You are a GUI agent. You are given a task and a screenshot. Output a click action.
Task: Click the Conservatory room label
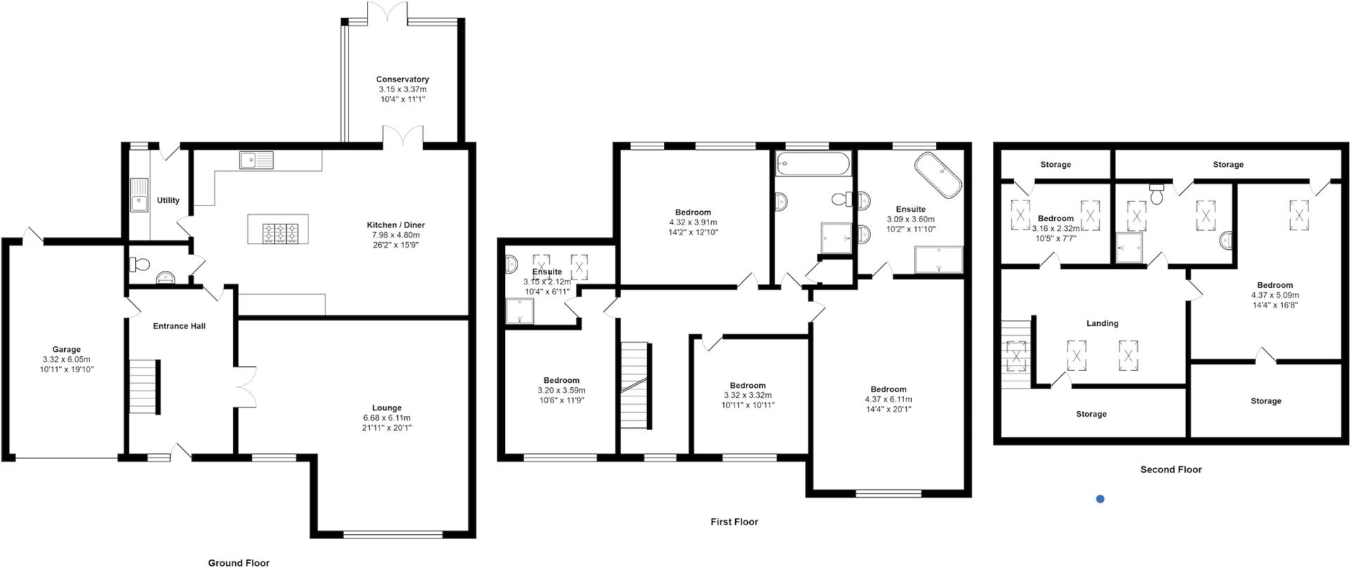[402, 80]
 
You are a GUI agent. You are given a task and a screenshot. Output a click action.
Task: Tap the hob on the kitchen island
[278, 233]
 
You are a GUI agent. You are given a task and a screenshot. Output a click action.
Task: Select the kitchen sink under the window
[256, 160]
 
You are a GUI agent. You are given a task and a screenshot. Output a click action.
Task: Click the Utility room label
[168, 201]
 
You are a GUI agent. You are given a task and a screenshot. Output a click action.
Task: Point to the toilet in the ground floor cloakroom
[139, 265]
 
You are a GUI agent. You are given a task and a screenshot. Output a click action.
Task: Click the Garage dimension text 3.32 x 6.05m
[66, 359]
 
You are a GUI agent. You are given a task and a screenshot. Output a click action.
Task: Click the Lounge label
[387, 408]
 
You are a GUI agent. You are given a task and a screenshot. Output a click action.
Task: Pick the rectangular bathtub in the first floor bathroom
[813, 165]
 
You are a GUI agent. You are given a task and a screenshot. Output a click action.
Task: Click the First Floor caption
[734, 522]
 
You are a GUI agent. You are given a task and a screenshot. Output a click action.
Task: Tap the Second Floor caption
[1170, 469]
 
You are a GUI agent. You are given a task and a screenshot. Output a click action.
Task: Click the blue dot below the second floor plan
[1100, 499]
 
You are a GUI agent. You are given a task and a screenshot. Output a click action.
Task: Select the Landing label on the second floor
[1102, 323]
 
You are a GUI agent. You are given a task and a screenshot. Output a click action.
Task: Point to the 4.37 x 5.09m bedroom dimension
[1275, 296]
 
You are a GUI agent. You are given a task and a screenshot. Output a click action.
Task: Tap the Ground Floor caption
[238, 562]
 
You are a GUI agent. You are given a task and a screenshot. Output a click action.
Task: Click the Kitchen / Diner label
[395, 225]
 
